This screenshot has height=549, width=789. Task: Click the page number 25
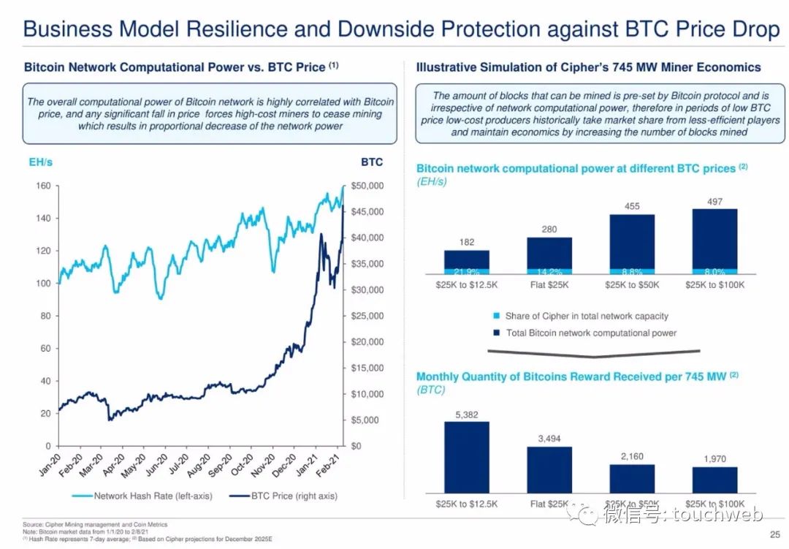(x=774, y=534)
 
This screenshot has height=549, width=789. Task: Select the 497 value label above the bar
(x=714, y=201)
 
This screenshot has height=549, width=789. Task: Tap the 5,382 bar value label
(x=466, y=415)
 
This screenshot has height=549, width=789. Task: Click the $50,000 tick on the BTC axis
(x=367, y=186)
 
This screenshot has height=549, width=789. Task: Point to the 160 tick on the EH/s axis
(x=44, y=186)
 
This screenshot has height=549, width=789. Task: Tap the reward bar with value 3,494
(x=549, y=469)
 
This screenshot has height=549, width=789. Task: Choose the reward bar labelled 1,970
(x=714, y=479)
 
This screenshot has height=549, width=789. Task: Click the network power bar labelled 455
(x=632, y=241)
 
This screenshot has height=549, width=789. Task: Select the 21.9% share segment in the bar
(x=466, y=272)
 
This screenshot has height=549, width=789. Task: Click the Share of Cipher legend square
(x=496, y=317)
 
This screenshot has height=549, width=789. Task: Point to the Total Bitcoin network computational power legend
(x=591, y=333)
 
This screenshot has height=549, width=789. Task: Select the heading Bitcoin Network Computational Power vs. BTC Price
(x=175, y=67)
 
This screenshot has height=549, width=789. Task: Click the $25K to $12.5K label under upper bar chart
(x=466, y=284)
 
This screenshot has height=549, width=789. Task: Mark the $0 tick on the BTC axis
(x=357, y=446)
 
